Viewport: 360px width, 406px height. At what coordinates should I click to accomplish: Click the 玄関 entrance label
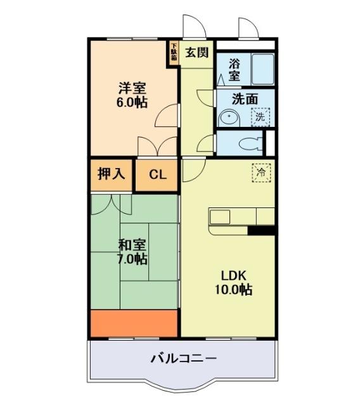click(x=196, y=52)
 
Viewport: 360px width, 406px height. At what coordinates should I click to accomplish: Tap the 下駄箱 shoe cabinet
click(x=173, y=53)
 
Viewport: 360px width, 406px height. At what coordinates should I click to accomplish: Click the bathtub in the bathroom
click(x=261, y=69)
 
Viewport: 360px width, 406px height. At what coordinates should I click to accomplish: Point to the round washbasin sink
click(x=227, y=118)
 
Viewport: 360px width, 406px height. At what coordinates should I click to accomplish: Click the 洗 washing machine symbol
click(x=260, y=117)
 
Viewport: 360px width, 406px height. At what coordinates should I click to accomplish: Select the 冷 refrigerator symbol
click(x=260, y=171)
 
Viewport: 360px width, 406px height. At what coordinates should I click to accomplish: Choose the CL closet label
click(x=158, y=174)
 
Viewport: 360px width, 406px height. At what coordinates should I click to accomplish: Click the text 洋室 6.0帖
click(x=132, y=95)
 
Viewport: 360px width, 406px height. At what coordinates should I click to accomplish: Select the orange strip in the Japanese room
click(x=134, y=323)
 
